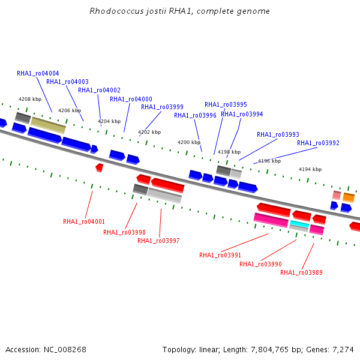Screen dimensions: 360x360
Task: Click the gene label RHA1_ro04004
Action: click(38, 73)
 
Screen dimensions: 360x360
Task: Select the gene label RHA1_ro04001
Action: click(84, 221)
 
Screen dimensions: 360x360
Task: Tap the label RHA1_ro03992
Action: click(318, 143)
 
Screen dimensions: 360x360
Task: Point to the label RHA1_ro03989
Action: click(301, 272)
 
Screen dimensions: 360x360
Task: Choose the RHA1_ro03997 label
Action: click(158, 241)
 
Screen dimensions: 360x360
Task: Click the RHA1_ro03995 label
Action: click(226, 104)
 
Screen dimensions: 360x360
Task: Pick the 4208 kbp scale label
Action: click(30, 99)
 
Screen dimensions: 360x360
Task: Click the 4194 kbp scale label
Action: click(310, 169)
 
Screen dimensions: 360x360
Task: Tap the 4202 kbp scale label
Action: click(149, 132)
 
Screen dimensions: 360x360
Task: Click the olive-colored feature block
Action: click(48, 125)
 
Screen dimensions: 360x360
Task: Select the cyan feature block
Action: click(299, 224)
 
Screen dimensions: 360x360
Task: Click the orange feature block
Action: click(349, 197)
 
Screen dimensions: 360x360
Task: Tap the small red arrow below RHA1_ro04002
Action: click(99, 167)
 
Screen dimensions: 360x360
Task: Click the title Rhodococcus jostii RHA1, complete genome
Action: click(179, 11)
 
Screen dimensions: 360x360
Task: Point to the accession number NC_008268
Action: click(65, 350)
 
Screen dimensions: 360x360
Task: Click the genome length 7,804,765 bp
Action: click(275, 350)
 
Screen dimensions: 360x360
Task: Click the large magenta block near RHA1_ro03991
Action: click(271, 220)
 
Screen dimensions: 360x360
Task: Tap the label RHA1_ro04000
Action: click(131, 99)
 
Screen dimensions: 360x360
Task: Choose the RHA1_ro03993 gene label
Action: click(278, 134)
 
